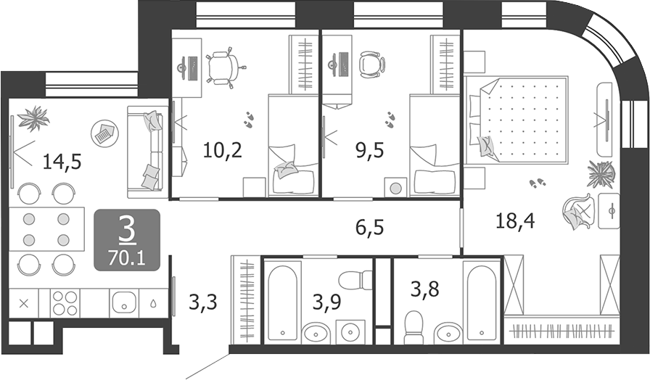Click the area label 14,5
point(62,161)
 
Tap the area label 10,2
point(221,151)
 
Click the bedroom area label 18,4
point(515,220)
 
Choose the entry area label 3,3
point(203,300)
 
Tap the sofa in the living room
point(148,151)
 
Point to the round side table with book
point(104,133)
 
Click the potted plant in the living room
point(33,117)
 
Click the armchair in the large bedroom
point(578,212)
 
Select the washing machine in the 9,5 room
point(395,187)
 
